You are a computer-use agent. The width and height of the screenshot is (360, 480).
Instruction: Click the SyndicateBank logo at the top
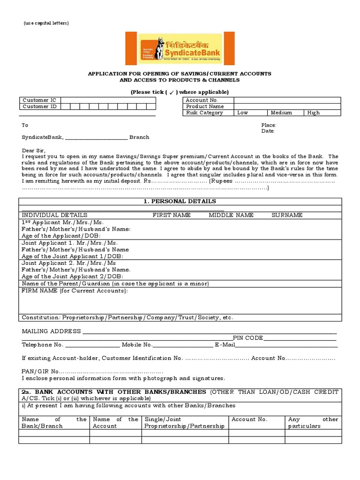click(180, 48)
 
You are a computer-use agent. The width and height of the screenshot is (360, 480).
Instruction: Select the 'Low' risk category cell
click(243, 113)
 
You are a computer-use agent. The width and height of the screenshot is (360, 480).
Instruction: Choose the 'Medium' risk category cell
click(281, 113)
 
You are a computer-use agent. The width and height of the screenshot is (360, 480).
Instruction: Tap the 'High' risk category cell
click(314, 113)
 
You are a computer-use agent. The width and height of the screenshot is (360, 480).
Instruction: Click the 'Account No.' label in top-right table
click(202, 100)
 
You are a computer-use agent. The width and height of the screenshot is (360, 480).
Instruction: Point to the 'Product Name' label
click(205, 106)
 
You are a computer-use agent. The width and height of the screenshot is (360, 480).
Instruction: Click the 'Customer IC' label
click(39, 100)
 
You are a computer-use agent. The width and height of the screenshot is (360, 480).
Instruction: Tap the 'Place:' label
click(269, 125)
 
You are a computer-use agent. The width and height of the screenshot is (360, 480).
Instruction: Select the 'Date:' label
click(268, 131)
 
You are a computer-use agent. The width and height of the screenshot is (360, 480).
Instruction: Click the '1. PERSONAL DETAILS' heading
click(180, 201)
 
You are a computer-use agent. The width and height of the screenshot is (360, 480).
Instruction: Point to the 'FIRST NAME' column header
click(171, 215)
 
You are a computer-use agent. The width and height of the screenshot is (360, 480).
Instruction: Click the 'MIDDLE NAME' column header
click(231, 215)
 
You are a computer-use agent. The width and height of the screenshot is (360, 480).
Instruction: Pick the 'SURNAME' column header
click(287, 215)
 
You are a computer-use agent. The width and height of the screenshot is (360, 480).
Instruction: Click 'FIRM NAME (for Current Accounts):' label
click(75, 291)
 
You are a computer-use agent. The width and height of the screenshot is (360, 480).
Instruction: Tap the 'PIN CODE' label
click(248, 338)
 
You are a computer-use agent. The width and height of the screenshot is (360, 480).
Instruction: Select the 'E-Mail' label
click(225, 345)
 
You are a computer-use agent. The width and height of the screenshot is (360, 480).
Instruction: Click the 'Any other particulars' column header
click(313, 422)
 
